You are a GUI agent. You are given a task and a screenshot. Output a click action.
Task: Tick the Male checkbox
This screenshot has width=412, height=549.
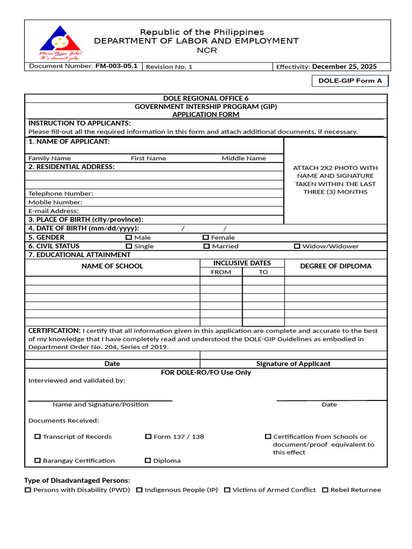(128, 238)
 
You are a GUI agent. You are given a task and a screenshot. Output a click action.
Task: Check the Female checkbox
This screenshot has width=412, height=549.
(205, 238)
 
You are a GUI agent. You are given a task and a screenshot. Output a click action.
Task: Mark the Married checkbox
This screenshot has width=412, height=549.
(207, 246)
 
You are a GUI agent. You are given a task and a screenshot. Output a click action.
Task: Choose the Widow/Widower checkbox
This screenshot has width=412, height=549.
(297, 246)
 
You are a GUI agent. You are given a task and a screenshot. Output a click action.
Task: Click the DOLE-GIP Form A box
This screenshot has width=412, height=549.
(350, 81)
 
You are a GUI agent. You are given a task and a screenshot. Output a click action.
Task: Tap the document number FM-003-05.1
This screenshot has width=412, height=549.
(116, 66)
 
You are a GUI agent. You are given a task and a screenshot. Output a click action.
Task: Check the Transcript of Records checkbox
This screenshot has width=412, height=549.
(38, 436)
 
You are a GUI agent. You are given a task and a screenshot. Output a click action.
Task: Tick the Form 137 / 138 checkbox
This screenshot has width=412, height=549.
(148, 436)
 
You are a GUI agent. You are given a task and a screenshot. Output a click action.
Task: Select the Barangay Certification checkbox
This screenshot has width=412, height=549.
(38, 460)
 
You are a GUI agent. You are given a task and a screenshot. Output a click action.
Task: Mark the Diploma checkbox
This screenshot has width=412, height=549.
(148, 460)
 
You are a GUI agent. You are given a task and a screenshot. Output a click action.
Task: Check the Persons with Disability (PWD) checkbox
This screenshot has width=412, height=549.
(28, 489)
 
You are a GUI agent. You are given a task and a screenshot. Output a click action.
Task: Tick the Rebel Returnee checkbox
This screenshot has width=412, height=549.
(325, 489)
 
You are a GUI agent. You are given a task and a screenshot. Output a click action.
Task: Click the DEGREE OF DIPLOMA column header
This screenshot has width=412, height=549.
(335, 266)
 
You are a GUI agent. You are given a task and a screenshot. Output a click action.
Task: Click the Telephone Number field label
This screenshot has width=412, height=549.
(61, 194)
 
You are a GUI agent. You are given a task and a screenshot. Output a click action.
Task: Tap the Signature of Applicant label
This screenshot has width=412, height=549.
(293, 363)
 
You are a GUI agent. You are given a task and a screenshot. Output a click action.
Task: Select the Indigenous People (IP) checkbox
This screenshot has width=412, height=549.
(139, 489)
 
